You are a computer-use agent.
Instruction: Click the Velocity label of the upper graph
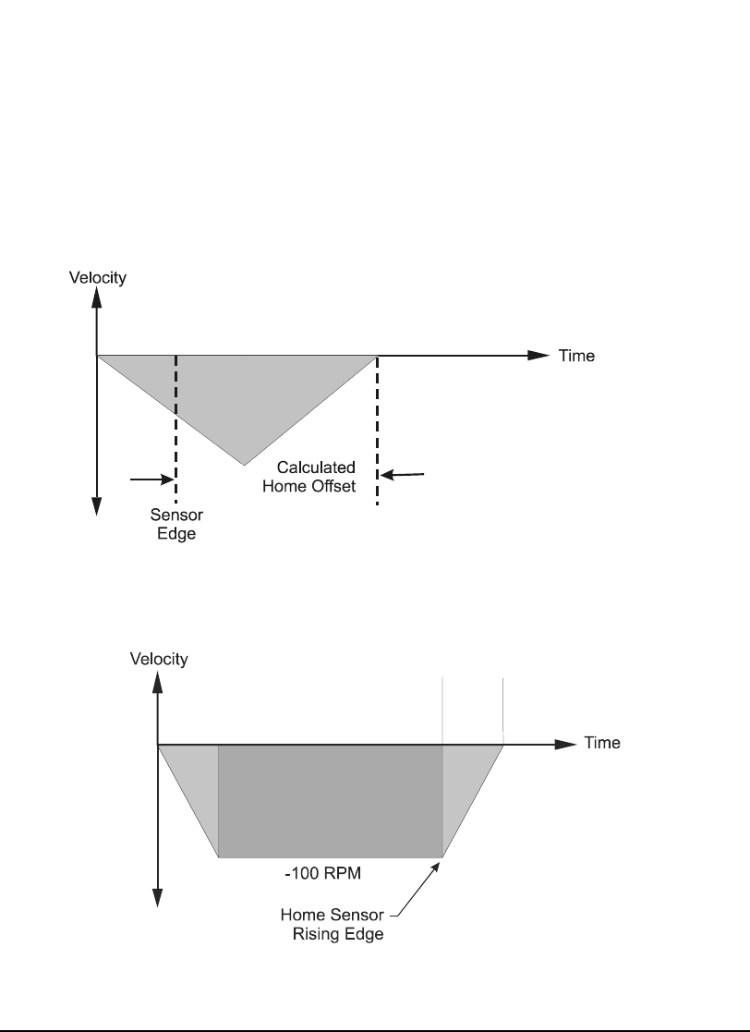pos(97,277)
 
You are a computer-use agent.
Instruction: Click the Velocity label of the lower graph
pos(159,659)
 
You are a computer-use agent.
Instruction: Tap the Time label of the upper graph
pos(577,356)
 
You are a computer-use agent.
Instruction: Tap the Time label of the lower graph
pos(601,743)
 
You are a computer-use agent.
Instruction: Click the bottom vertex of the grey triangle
pos(244,464)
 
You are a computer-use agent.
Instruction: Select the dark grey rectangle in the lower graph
pos(330,800)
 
